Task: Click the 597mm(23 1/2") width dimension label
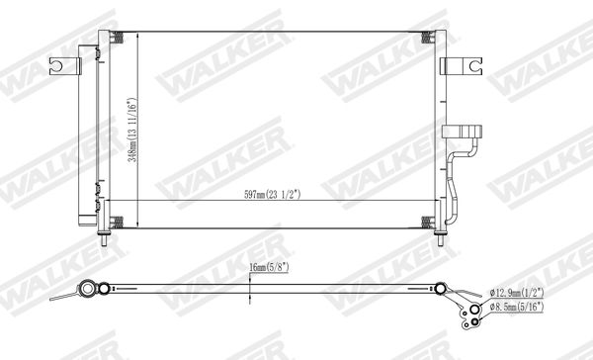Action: (x=273, y=195)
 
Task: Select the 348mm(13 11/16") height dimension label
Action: (x=132, y=130)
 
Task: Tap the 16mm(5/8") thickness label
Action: (x=269, y=267)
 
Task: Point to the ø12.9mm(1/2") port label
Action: (x=517, y=293)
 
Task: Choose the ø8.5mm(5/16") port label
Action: (x=517, y=307)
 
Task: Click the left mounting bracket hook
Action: (x=65, y=66)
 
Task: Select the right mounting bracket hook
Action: (x=462, y=66)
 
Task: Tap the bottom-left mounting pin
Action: (x=104, y=240)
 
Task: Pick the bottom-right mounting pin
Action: (x=440, y=240)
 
